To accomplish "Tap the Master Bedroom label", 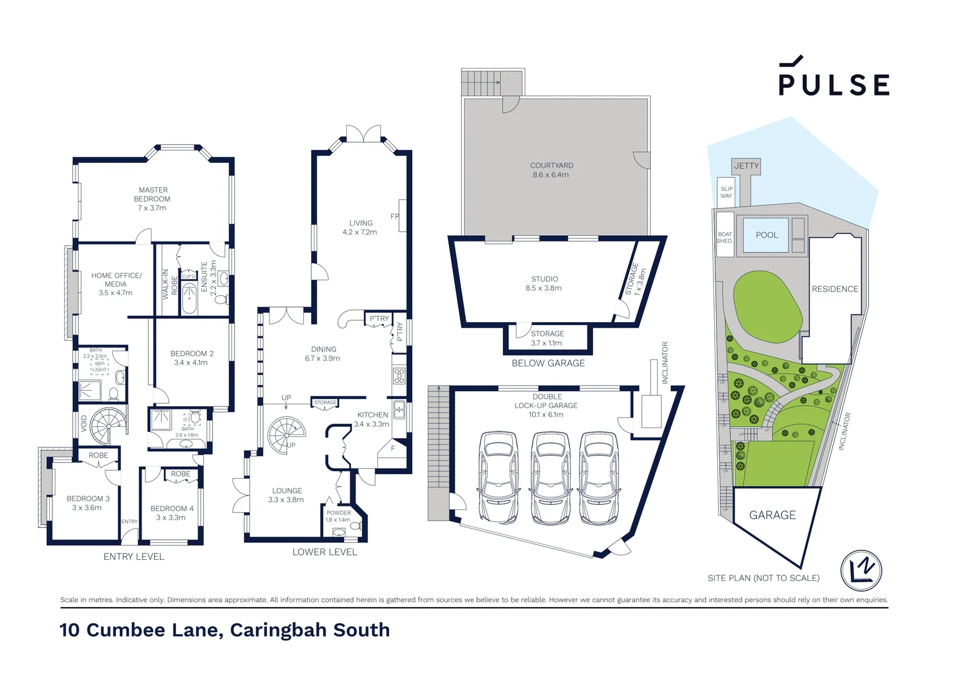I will click(x=153, y=198).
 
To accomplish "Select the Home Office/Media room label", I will click(x=116, y=284).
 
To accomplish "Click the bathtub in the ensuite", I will click(x=189, y=298).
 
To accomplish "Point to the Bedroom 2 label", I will click(x=192, y=358).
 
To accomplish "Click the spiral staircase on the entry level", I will click(x=108, y=426).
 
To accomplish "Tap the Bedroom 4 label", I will click(x=172, y=513).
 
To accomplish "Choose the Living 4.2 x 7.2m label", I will click(x=360, y=227).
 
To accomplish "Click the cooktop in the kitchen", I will click(x=399, y=376).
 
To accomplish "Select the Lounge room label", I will click(x=286, y=495).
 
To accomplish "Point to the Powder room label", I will click(x=339, y=516).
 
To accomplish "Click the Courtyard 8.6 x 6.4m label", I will click(x=551, y=170).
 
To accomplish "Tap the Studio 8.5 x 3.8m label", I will click(x=544, y=283).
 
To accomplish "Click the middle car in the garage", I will click(x=549, y=477).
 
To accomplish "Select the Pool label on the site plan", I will click(x=767, y=235).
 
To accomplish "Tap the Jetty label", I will click(x=746, y=166).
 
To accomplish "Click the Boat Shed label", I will click(x=725, y=238).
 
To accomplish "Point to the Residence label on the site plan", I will click(x=834, y=289).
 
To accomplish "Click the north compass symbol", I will click(x=861, y=570).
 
